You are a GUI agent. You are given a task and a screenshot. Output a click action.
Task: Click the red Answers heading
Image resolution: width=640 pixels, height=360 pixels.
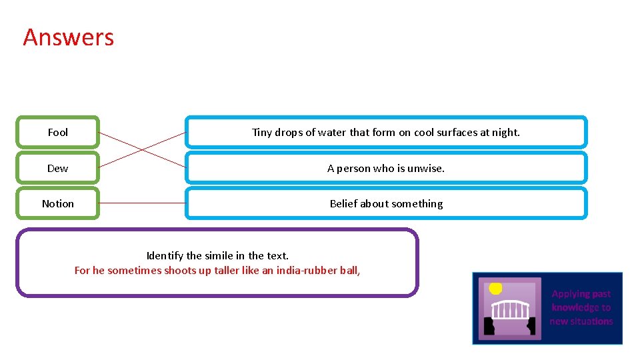click(x=69, y=37)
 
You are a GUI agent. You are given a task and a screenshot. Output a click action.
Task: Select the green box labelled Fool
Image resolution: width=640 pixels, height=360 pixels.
click(x=58, y=132)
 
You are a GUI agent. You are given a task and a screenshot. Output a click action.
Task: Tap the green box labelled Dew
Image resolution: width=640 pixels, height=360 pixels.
click(x=58, y=168)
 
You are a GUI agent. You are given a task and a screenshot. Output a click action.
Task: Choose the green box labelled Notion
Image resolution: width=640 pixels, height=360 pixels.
click(x=58, y=203)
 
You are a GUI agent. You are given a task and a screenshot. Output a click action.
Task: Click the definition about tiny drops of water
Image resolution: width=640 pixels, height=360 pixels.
click(x=386, y=132)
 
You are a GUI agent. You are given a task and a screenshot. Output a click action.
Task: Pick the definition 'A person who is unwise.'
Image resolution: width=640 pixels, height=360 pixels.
click(x=386, y=168)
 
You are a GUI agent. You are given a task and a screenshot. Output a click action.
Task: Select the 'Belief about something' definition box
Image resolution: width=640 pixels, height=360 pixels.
click(x=386, y=203)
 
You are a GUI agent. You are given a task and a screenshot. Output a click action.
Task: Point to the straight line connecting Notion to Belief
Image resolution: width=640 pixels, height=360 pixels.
click(x=142, y=203)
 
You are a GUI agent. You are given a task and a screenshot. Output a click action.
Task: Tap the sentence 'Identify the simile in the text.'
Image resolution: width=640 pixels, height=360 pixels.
click(x=217, y=255)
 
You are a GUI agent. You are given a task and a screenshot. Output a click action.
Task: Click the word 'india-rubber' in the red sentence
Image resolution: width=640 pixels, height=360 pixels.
click(x=304, y=270)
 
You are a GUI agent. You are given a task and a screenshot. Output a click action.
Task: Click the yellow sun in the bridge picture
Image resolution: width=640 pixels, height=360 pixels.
click(x=495, y=288)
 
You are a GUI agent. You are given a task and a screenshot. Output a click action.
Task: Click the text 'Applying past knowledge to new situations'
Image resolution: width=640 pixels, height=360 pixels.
click(x=581, y=307)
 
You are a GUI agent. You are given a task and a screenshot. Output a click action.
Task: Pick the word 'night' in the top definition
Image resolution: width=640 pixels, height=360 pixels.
click(x=506, y=132)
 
